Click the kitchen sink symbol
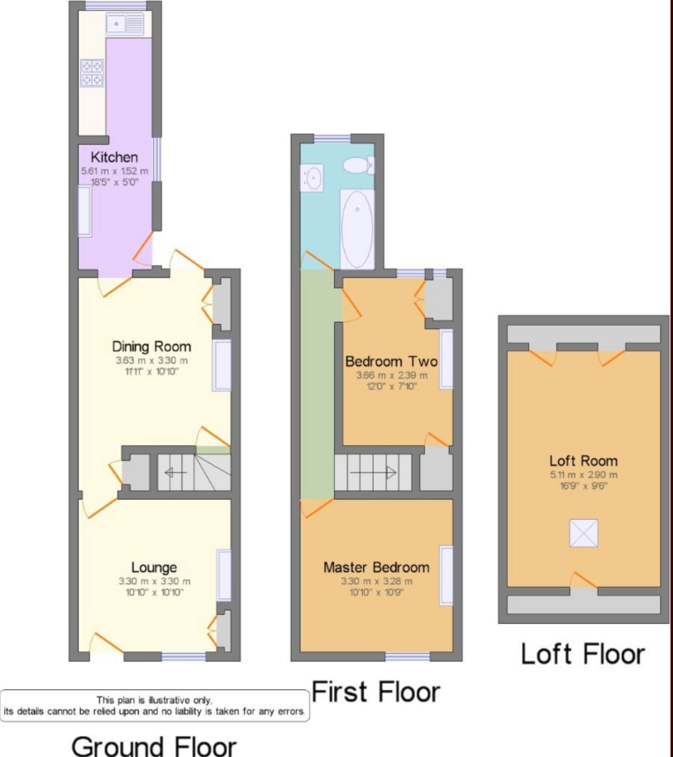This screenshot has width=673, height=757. coord(125,23)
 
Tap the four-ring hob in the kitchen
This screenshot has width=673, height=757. coord(92,73)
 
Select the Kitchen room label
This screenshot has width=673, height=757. coord(114,157)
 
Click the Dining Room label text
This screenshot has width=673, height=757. coord(151,346)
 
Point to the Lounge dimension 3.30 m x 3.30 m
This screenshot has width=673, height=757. coord(155,581)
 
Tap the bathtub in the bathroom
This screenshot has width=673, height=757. coord(357,229)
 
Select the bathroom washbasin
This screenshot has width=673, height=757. coord(312,178)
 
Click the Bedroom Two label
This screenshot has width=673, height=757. coord(391,361)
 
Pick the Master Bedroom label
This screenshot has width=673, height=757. coord(376,567)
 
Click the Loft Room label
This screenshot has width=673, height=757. coord(584,460)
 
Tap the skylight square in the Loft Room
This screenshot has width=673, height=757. coord(584,534)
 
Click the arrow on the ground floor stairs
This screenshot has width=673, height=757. coord(176,473)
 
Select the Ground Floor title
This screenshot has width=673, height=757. coord(154,745)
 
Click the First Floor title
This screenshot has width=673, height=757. coord(376,692)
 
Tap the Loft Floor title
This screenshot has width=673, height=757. coord(583,655)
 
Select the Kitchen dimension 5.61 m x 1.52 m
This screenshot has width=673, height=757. coord(114,171)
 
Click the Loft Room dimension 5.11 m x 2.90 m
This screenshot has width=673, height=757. coord(584,474)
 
